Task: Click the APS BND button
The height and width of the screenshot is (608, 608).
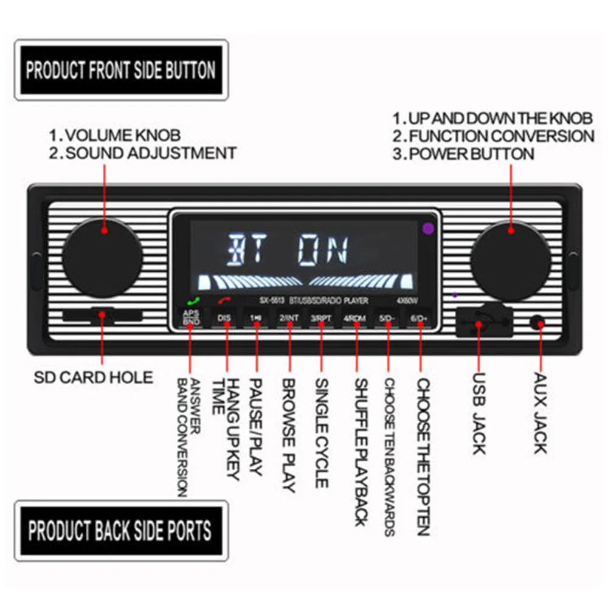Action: (x=191, y=317)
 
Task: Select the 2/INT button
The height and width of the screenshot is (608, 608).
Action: (x=289, y=317)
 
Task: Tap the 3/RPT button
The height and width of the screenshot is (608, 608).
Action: (x=321, y=317)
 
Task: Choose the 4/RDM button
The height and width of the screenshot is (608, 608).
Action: (x=354, y=317)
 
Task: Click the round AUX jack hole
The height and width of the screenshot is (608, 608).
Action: (x=537, y=322)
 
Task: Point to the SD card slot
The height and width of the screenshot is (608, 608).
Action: (x=102, y=316)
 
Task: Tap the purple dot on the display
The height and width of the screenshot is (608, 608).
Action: (x=428, y=229)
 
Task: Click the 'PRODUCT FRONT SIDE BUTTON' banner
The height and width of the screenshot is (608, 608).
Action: (x=121, y=70)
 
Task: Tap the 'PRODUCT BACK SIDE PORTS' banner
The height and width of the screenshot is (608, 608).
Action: (x=120, y=531)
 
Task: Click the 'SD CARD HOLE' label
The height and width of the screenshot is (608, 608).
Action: (x=93, y=377)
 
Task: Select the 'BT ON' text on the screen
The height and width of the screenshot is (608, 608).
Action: (x=288, y=249)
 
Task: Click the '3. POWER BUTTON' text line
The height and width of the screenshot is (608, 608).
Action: (x=463, y=153)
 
